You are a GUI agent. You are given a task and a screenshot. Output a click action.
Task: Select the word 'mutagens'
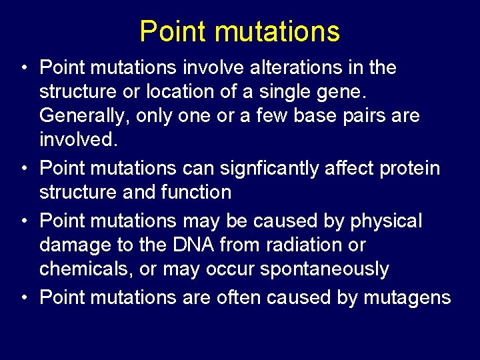click(407, 297)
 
